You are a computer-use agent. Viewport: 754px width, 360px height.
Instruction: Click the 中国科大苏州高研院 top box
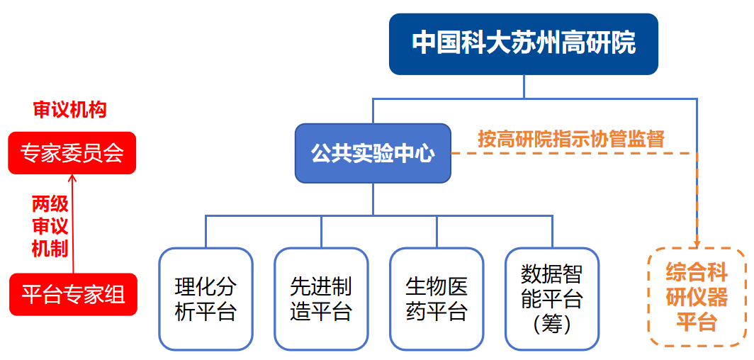pos(524,44)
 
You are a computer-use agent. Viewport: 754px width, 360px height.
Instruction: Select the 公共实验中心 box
pos(373,153)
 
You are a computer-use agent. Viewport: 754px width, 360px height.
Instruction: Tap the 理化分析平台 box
pos(206,298)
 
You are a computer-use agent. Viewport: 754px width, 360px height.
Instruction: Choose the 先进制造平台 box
pos(321,298)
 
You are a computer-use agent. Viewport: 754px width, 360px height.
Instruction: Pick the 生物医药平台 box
pos(437,298)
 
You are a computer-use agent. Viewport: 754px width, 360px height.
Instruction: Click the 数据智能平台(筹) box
pos(551,298)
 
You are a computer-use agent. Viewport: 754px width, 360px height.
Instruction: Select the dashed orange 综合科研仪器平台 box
pos(697,297)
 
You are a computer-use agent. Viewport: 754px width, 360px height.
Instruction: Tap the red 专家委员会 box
pos(72,152)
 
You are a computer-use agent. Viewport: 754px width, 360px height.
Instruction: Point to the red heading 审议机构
pos(69,110)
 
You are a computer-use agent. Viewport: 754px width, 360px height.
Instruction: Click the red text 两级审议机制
pos(50,226)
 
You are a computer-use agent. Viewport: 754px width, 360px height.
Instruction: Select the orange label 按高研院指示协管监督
pos(571,138)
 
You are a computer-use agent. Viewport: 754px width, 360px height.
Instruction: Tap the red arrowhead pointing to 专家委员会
pos(72,178)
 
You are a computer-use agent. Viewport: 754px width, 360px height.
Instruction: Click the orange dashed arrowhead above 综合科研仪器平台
pos(697,243)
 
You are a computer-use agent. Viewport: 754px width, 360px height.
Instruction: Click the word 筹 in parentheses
pos(551,325)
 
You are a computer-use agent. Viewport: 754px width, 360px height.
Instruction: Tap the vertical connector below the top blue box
pos(524,86)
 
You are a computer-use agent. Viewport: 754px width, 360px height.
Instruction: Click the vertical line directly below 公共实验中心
pos(373,198)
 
